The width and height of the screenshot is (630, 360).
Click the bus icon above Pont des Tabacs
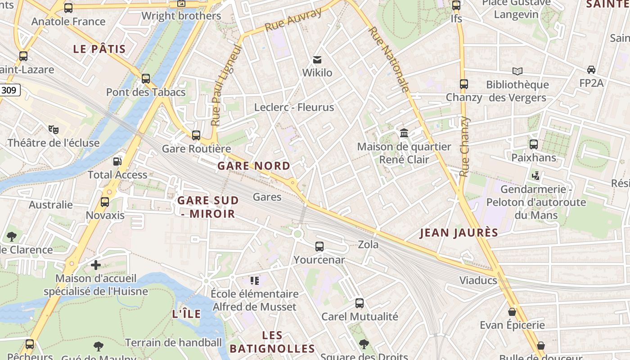[145, 79]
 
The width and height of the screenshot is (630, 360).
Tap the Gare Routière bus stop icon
[196, 135]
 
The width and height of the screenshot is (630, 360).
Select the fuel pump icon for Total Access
[117, 161]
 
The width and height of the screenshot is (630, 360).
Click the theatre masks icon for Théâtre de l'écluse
[54, 130]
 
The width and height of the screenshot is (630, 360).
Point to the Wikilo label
[317, 72]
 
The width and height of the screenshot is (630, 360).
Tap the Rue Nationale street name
[389, 59]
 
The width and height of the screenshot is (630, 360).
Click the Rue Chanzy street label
[464, 147]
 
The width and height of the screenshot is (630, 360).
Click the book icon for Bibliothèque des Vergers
[517, 71]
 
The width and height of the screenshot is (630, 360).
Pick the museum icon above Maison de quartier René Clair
[404, 133]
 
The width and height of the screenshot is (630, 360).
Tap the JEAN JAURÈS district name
[459, 233]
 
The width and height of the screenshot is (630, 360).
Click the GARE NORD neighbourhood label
[254, 166]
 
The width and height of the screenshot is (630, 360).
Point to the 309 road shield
[9, 90]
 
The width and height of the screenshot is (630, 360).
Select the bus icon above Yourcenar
[319, 247]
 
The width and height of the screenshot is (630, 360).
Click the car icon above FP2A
[591, 70]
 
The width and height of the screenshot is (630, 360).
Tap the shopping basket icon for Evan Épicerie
[512, 311]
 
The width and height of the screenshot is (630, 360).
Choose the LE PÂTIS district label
[99, 49]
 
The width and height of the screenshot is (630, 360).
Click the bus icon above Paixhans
[533, 144]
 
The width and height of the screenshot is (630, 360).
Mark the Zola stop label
[368, 245]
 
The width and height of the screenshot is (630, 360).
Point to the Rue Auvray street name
[293, 20]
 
